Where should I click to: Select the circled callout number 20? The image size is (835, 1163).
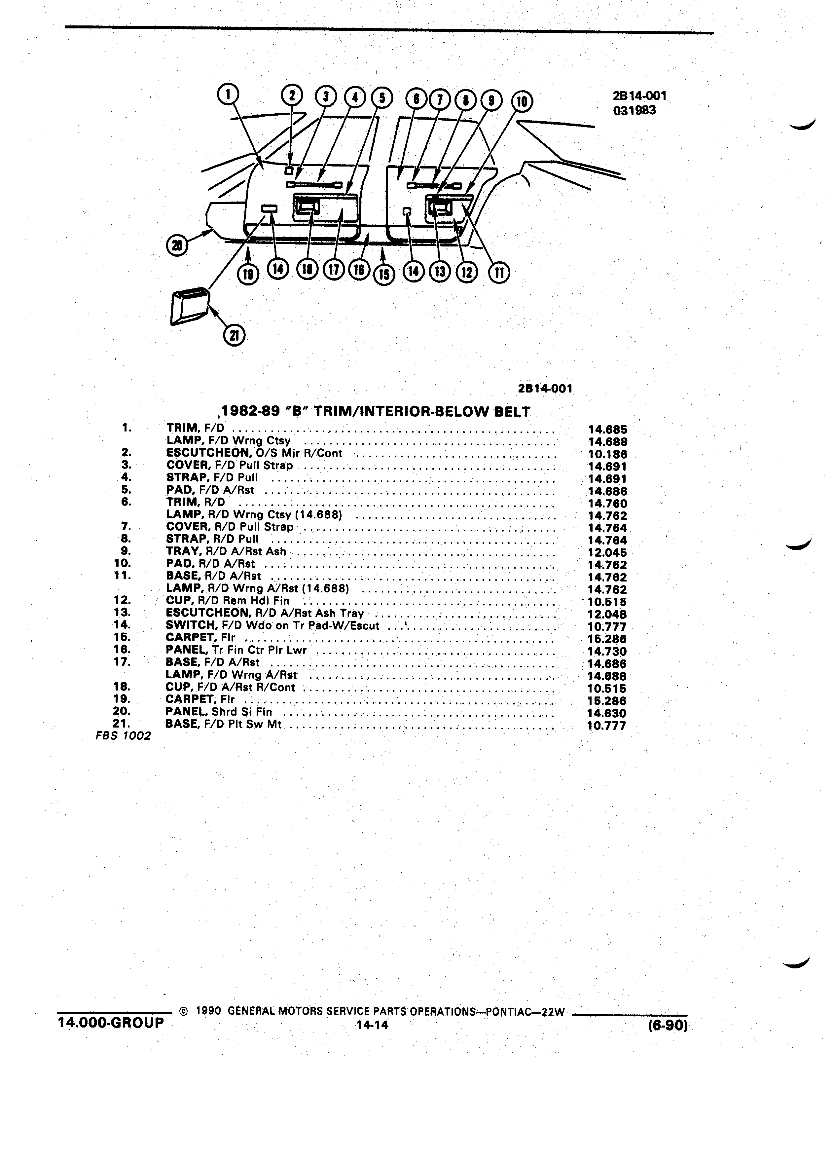177,246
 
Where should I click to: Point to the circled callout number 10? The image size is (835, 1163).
522,101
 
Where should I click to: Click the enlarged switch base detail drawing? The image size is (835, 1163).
189,307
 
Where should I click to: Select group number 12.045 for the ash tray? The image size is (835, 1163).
607,553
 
